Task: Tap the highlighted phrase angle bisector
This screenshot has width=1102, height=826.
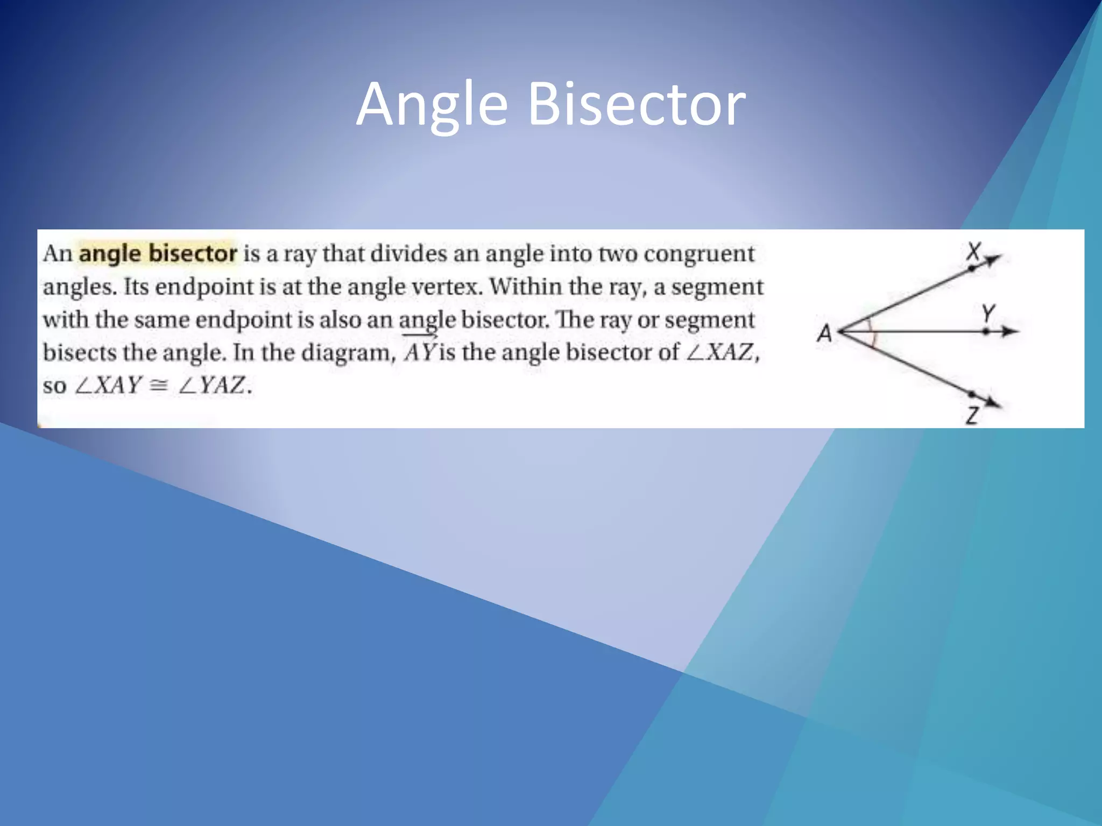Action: [158, 253]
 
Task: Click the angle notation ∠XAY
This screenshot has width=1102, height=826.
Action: [108, 386]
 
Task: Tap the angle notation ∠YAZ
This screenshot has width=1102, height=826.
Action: [212, 386]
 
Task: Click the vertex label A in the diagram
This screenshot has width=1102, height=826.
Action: [824, 333]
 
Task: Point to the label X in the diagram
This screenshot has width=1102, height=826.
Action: [973, 251]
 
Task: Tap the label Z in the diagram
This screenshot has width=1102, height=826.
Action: [972, 415]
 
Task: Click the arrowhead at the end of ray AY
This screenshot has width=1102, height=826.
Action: [1012, 332]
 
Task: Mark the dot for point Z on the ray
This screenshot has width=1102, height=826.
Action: [971, 394]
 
